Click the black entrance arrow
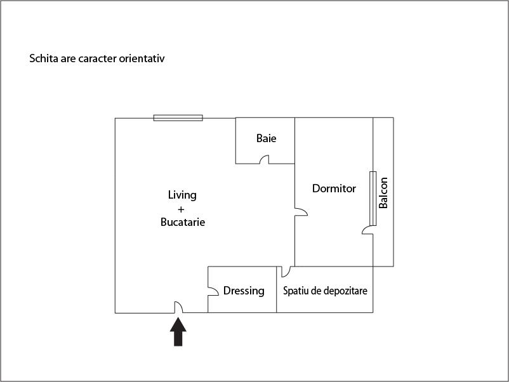[178, 332]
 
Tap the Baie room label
[266, 138]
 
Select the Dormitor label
[334, 188]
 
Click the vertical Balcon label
[383, 193]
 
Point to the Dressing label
[244, 291]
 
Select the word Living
[182, 195]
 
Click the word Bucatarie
[183, 222]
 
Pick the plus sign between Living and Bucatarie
[181, 209]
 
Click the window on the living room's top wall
[178, 118]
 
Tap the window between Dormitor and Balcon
[373, 199]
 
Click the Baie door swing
[264, 159]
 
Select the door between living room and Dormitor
[301, 212]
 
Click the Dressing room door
[213, 291]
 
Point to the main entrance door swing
[179, 307]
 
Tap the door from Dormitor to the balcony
[367, 230]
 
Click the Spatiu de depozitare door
[286, 272]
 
